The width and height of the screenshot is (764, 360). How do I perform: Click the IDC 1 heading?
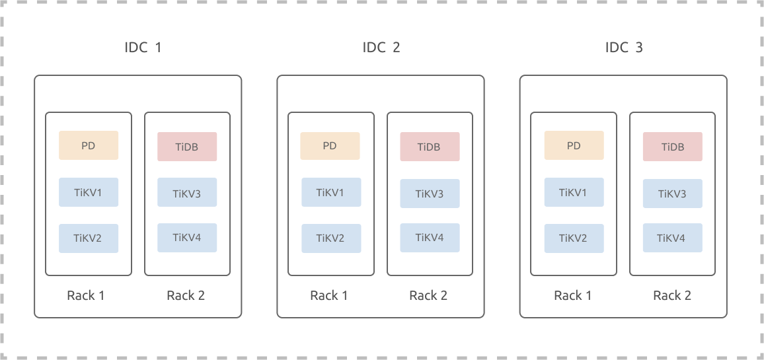143,48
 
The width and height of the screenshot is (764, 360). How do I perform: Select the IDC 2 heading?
381,48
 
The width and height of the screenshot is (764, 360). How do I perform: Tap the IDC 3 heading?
624,48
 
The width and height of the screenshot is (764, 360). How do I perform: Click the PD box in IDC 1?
89,145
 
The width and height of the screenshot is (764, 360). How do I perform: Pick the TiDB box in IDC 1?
187,147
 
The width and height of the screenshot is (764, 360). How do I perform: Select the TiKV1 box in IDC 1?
89,192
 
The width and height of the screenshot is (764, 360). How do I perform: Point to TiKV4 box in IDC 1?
187,238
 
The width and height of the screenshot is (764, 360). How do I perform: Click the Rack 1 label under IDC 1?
86,295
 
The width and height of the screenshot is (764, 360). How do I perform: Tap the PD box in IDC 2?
330,145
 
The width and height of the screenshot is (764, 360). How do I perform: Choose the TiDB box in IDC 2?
430,147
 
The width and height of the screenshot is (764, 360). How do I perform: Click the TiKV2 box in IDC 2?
331,238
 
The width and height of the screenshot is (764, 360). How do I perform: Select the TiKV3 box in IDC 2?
430,194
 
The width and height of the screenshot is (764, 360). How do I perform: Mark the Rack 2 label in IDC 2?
428,295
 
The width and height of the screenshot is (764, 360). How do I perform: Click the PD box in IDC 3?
574,145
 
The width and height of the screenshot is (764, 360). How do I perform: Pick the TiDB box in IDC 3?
672,147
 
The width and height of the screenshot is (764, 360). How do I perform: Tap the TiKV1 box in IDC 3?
574,192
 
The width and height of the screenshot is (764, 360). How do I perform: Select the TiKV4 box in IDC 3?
672,238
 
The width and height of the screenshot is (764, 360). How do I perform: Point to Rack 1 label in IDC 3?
573,295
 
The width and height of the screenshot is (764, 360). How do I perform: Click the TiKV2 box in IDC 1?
89,238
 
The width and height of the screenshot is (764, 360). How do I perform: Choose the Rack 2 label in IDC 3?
672,295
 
